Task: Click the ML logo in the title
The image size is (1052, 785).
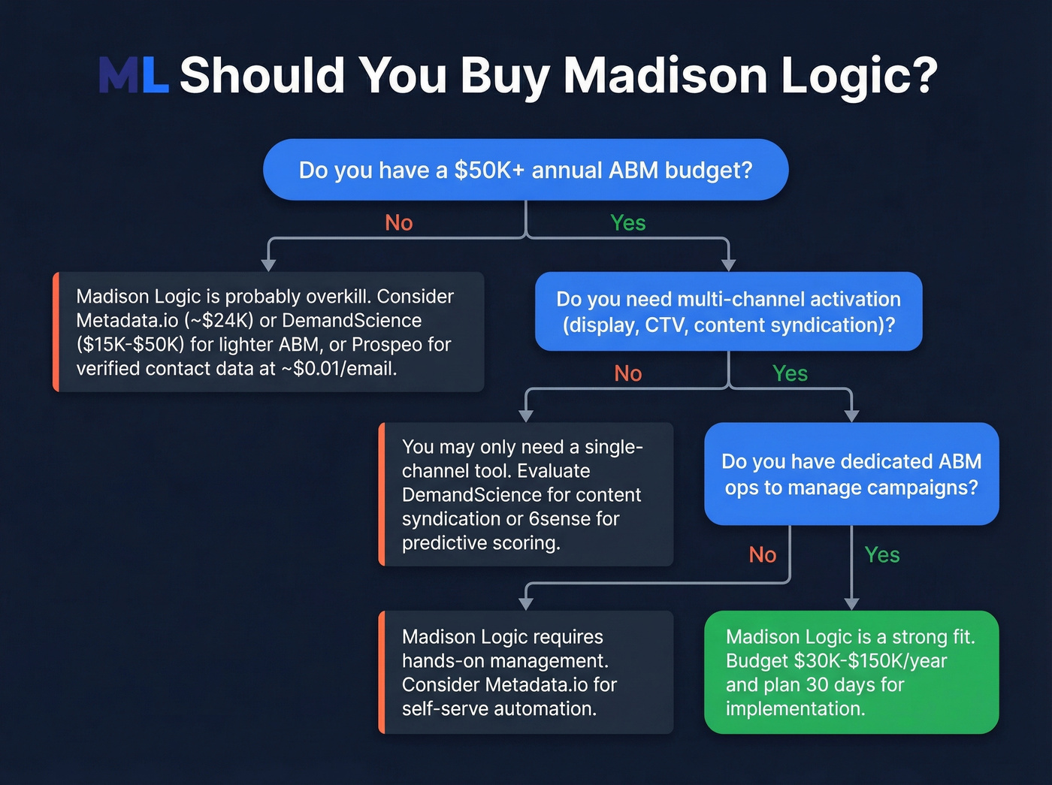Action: pyautogui.click(x=133, y=75)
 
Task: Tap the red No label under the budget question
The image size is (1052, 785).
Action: pyautogui.click(x=398, y=223)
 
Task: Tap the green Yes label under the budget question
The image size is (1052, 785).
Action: pyautogui.click(x=627, y=223)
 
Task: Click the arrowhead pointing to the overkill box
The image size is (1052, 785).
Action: pyautogui.click(x=268, y=264)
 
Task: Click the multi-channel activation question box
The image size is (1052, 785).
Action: pyautogui.click(x=728, y=312)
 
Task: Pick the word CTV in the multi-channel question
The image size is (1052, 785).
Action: pyautogui.click(x=664, y=325)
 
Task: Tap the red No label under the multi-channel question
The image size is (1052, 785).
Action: pyautogui.click(x=627, y=373)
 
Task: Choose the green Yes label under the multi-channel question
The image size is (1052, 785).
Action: pyautogui.click(x=790, y=373)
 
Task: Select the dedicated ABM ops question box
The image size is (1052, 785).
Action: pyautogui.click(x=851, y=474)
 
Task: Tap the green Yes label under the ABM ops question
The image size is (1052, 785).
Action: pyautogui.click(x=881, y=555)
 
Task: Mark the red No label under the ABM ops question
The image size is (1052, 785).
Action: pyautogui.click(x=762, y=555)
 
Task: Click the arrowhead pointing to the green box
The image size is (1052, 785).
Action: pyautogui.click(x=851, y=603)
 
